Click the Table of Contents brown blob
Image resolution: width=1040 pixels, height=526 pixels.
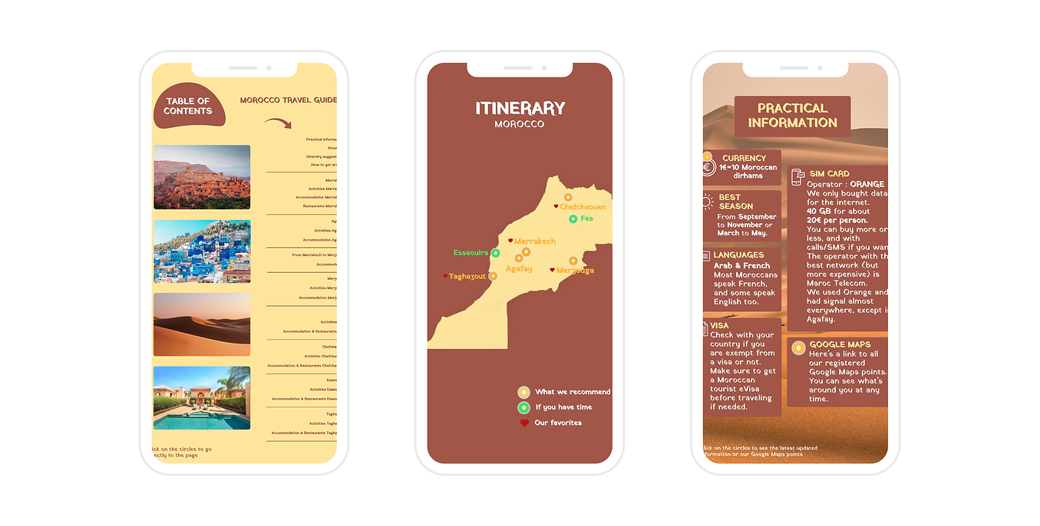189,106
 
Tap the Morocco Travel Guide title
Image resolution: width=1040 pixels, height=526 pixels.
288,100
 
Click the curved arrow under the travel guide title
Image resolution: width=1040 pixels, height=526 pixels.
278,123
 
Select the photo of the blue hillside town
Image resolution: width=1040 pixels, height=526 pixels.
202,251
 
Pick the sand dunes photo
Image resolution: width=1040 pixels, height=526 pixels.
202,324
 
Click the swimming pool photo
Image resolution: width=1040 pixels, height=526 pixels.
202,398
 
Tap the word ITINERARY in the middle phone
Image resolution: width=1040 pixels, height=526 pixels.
520,109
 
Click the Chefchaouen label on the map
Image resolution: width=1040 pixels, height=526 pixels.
583,207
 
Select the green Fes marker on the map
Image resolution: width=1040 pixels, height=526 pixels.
573,219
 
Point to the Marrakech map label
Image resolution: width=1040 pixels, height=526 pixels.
534,241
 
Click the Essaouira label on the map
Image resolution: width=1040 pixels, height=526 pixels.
470,252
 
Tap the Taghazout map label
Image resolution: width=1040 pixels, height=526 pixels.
467,276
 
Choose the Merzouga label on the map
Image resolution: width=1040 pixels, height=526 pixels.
575,270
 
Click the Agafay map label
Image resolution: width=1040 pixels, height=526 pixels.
519,268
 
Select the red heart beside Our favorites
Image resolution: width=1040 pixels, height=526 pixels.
524,422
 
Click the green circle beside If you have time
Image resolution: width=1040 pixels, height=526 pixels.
523,407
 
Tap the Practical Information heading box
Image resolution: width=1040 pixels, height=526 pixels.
792,116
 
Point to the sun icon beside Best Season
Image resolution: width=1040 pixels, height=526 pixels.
707,202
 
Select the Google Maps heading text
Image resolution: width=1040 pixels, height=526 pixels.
840,345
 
